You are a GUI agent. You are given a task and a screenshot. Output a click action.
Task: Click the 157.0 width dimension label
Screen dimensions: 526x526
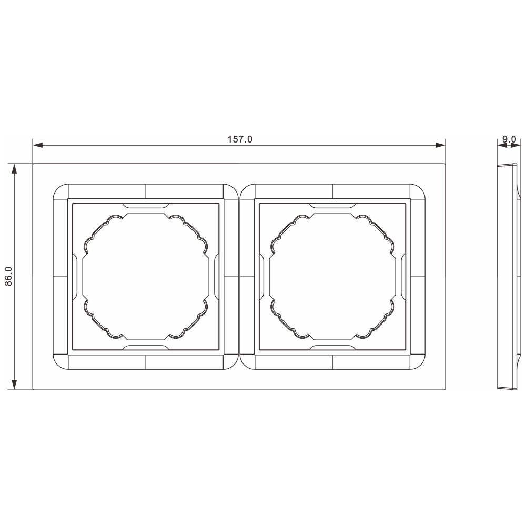pos(240,139)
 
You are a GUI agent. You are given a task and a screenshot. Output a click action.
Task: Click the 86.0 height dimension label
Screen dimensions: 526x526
pos(9,277)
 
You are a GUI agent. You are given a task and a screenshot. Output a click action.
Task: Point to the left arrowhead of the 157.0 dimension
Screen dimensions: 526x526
pos(38,145)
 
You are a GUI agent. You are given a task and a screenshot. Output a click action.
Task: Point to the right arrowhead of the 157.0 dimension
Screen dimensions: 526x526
pos(440,145)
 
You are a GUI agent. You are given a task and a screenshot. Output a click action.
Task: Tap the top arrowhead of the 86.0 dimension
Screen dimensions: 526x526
pos(14,169)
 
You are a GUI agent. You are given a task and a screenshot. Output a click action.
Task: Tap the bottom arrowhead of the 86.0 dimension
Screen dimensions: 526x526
pos(14,385)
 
